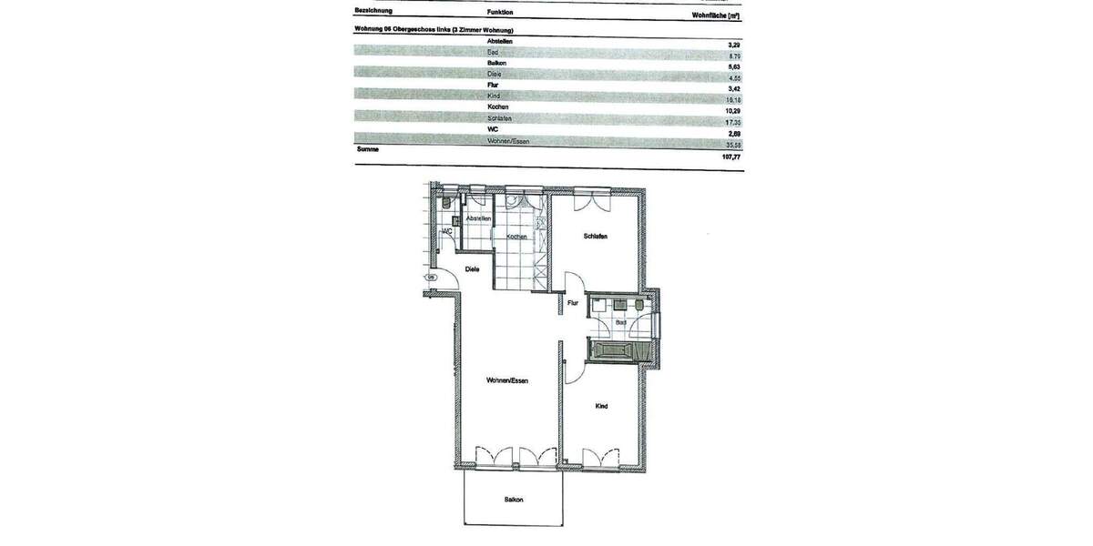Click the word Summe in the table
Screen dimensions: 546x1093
(x=367, y=148)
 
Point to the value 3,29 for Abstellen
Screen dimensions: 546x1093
(x=733, y=43)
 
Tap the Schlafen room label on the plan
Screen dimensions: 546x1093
(x=595, y=237)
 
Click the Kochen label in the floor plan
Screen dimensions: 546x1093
(x=516, y=237)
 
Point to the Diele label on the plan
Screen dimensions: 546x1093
(x=472, y=269)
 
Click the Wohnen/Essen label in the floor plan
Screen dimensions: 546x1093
(x=507, y=380)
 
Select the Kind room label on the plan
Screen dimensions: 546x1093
(x=601, y=406)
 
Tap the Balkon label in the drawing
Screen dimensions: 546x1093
(x=514, y=500)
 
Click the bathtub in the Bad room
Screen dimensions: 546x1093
(x=621, y=350)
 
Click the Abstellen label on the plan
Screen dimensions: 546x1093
(x=478, y=219)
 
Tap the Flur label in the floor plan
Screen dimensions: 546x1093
(x=573, y=303)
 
